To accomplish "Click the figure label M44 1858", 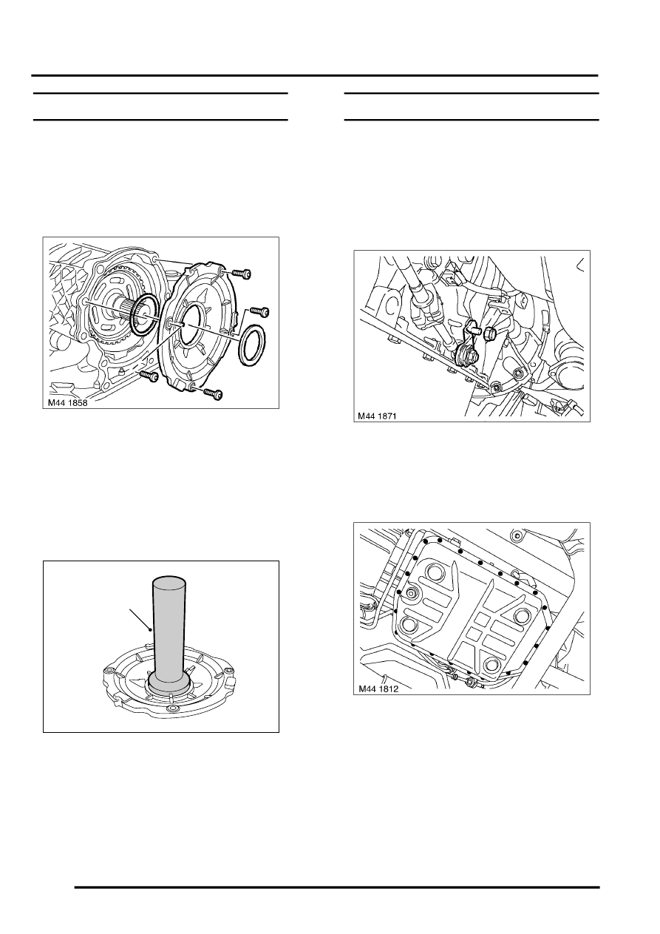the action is (x=67, y=403).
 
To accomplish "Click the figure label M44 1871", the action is (x=377, y=416).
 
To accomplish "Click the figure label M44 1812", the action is (x=378, y=689).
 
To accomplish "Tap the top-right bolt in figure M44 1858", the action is (x=241, y=274).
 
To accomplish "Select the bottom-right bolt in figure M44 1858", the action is (x=213, y=394).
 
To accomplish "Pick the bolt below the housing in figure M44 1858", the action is (x=149, y=377).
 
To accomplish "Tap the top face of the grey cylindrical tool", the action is (x=169, y=582).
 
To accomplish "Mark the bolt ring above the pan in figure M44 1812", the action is (x=517, y=535).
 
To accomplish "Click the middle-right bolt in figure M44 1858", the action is (x=259, y=312).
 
